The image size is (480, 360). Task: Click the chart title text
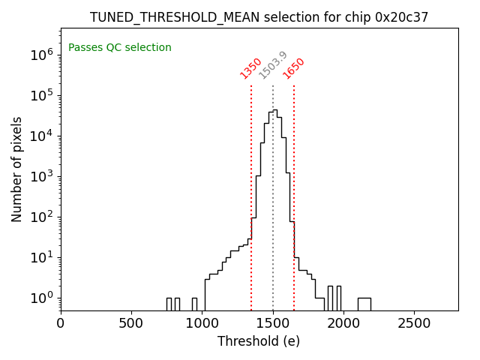pyautogui.click(x=259, y=17)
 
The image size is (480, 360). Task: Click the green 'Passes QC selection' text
pyautogui.click(x=120, y=47)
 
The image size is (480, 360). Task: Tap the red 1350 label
pyautogui.click(x=250, y=68)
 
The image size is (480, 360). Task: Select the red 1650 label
pyautogui.click(x=294, y=68)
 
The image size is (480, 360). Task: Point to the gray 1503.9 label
pyautogui.click(x=273, y=65)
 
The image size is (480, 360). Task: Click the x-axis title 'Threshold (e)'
pyautogui.click(x=259, y=341)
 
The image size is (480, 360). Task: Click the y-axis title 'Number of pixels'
pyautogui.click(x=17, y=169)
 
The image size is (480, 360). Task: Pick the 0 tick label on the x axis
pyautogui.click(x=61, y=324)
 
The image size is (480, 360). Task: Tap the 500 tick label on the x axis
pyautogui.click(x=132, y=324)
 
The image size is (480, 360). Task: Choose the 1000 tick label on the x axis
pyautogui.click(x=202, y=324)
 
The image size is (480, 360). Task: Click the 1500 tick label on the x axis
pyautogui.click(x=273, y=324)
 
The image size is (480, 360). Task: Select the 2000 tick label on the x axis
pyautogui.click(x=344, y=324)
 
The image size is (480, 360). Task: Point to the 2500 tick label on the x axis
pyautogui.click(x=415, y=324)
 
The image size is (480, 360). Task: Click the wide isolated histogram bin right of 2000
pyautogui.click(x=364, y=304)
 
